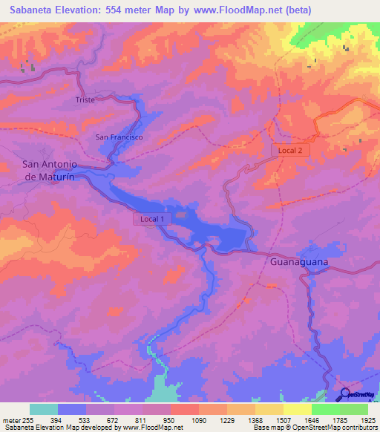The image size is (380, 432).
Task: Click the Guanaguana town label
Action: [298, 262]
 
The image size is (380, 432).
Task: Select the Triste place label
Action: [85, 99]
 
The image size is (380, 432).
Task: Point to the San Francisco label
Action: [119, 137]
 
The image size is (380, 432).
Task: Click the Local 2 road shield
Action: [289, 150]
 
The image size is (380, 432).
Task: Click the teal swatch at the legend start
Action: [44, 409]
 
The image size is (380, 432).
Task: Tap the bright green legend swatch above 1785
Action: [326, 409]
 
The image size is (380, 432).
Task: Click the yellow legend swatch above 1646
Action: [298, 409]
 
